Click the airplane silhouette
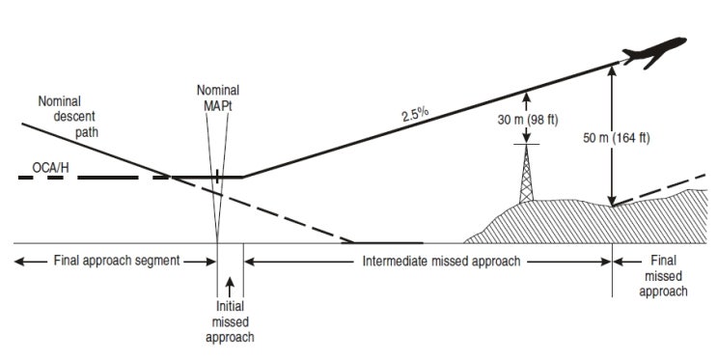coord(655,52)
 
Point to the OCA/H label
coord(50,168)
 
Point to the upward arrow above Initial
coord(230,288)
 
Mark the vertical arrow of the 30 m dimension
coord(527,115)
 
